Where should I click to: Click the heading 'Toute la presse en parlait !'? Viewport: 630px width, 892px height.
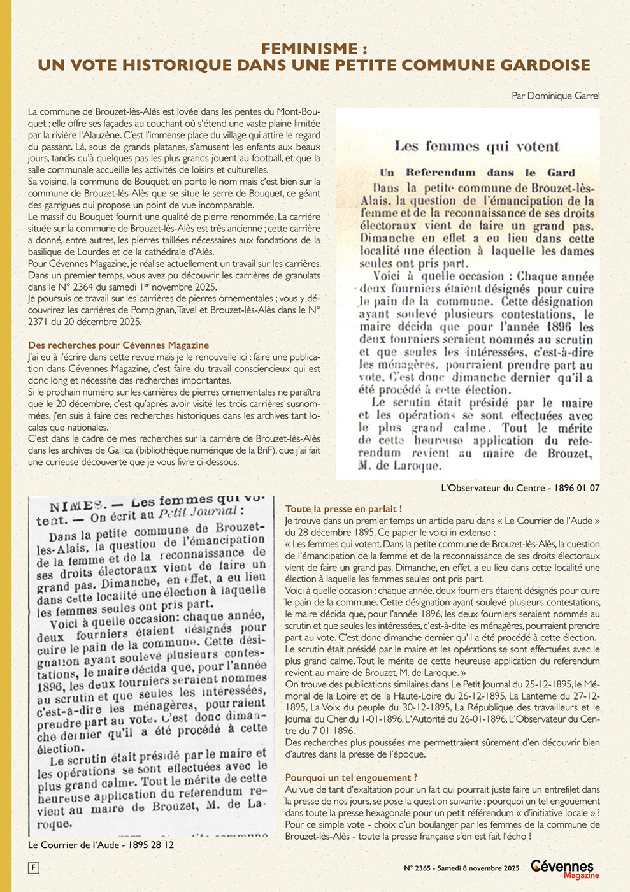point(343,509)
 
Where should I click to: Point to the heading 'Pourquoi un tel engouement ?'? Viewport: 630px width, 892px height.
point(351,777)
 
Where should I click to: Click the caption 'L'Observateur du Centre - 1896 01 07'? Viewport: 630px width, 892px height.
point(520,488)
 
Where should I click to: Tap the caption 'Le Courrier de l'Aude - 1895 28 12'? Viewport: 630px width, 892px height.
point(101,845)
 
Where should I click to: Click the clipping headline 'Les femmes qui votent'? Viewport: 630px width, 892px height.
point(476,147)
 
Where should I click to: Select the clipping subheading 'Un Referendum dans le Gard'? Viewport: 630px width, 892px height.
point(477,172)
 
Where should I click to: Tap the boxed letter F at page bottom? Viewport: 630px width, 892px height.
point(33,867)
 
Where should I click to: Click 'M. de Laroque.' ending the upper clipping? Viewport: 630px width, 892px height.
point(400,466)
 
